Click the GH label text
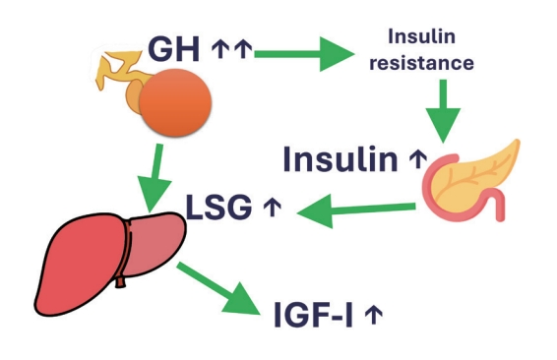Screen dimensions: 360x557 point(175,49)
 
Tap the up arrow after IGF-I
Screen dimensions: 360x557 point(373,316)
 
